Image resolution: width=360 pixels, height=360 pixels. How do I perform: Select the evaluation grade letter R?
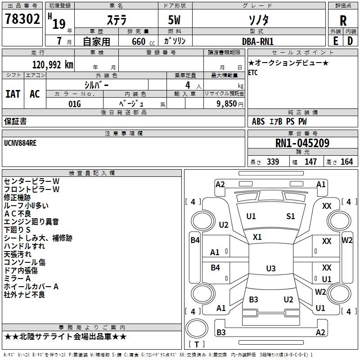pyautogui.click(x=343, y=21)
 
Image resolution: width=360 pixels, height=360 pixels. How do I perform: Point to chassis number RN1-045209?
pyautogui.click(x=302, y=144)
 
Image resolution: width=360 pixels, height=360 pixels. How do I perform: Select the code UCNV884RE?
pyautogui.click(x=20, y=144)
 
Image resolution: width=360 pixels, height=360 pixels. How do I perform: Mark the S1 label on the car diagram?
pyautogui.click(x=291, y=216)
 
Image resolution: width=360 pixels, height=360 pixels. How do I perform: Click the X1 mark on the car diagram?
pyautogui.click(x=257, y=237)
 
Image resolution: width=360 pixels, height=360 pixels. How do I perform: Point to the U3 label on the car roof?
pyautogui.click(x=270, y=269)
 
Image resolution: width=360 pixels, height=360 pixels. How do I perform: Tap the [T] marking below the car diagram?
pyautogui.click(x=196, y=344)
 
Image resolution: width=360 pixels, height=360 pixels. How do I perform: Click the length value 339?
pyautogui.click(x=273, y=162)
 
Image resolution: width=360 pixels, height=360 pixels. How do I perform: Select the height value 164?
pyautogui.click(x=346, y=162)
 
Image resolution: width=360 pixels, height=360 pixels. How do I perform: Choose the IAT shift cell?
pyautogui.click(x=13, y=94)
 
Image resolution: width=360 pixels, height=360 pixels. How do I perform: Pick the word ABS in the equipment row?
pyautogui.click(x=258, y=121)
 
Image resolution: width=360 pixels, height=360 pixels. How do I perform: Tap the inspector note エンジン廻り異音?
pyautogui.click(x=31, y=222)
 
